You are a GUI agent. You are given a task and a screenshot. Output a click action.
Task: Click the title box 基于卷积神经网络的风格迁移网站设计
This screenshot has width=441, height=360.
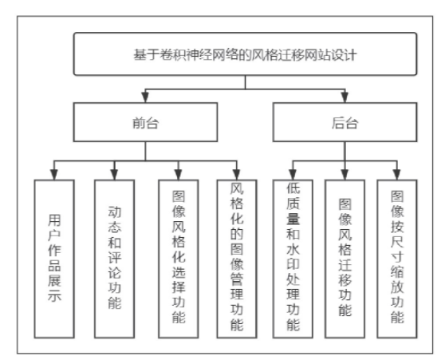click(x=245, y=54)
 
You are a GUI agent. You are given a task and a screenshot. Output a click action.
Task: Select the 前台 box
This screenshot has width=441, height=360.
click(x=145, y=122)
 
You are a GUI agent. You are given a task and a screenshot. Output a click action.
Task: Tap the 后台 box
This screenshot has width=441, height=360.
click(x=345, y=122)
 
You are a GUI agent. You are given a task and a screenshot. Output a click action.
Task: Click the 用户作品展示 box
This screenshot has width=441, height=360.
click(x=54, y=259)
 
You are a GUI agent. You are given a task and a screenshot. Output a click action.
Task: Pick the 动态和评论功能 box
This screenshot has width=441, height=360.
click(x=114, y=259)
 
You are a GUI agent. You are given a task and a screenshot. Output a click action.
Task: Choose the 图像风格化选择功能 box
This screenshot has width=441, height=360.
click(x=179, y=259)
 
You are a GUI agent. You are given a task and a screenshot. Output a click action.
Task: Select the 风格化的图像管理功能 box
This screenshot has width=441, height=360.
click(x=237, y=259)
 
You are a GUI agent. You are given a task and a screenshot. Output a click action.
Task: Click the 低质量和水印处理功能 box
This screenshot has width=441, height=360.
click(x=293, y=259)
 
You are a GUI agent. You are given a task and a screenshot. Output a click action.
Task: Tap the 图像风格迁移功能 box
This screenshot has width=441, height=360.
click(x=345, y=259)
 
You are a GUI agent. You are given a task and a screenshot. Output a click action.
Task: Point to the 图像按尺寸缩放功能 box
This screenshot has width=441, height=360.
click(x=397, y=259)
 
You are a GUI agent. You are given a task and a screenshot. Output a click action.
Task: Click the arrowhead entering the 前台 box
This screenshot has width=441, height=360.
click(x=145, y=97)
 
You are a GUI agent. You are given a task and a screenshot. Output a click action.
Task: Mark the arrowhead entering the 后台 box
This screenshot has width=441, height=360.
click(x=345, y=97)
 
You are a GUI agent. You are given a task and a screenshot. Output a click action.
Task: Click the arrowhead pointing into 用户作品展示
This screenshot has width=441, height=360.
click(x=54, y=175)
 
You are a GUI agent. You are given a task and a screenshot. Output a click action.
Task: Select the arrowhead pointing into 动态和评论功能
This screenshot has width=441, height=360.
click(x=114, y=175)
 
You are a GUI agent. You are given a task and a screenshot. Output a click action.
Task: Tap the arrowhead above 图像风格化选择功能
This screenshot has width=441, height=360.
click(x=179, y=175)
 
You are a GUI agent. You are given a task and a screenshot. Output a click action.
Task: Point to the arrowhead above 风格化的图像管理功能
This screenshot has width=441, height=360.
click(x=237, y=175)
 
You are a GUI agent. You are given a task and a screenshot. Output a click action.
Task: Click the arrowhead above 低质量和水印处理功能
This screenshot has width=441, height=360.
click(x=293, y=175)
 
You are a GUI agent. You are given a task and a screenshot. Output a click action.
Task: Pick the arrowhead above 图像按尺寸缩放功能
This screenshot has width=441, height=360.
click(x=397, y=175)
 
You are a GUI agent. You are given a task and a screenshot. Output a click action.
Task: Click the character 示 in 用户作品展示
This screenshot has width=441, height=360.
click(x=54, y=296)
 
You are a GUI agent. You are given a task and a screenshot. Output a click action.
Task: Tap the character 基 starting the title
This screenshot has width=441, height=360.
click(x=140, y=54)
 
